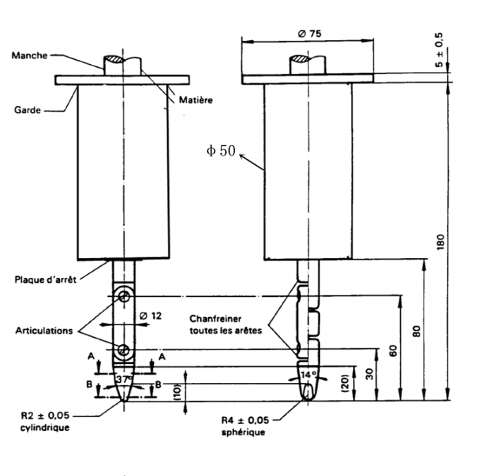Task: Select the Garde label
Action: click(x=26, y=110)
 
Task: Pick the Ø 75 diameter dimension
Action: click(x=307, y=34)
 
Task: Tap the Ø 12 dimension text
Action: click(x=150, y=316)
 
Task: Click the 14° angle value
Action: click(x=308, y=374)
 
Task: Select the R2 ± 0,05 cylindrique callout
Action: click(x=41, y=422)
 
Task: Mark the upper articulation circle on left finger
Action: click(x=124, y=295)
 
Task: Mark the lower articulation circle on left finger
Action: click(x=124, y=349)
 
